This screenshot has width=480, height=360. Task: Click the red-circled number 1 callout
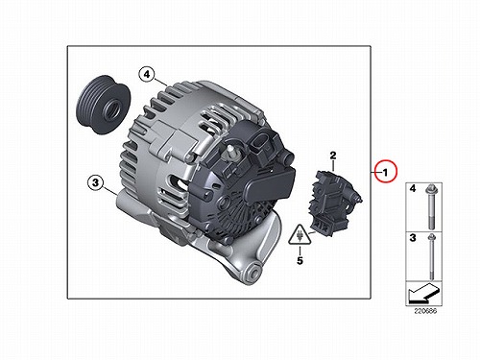(x=386, y=171)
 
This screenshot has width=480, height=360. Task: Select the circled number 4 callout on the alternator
(x=147, y=74)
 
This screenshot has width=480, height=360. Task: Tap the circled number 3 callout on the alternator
(x=95, y=182)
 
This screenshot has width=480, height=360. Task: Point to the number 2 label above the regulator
(x=333, y=156)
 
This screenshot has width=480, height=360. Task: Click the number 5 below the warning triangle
(x=300, y=260)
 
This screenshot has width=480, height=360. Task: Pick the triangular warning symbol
(x=300, y=235)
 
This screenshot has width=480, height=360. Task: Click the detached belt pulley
(x=103, y=105)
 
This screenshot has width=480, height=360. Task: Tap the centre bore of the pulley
(x=112, y=109)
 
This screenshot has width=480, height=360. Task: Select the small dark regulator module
(x=334, y=203)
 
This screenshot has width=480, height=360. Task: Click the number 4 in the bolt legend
(x=413, y=188)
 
